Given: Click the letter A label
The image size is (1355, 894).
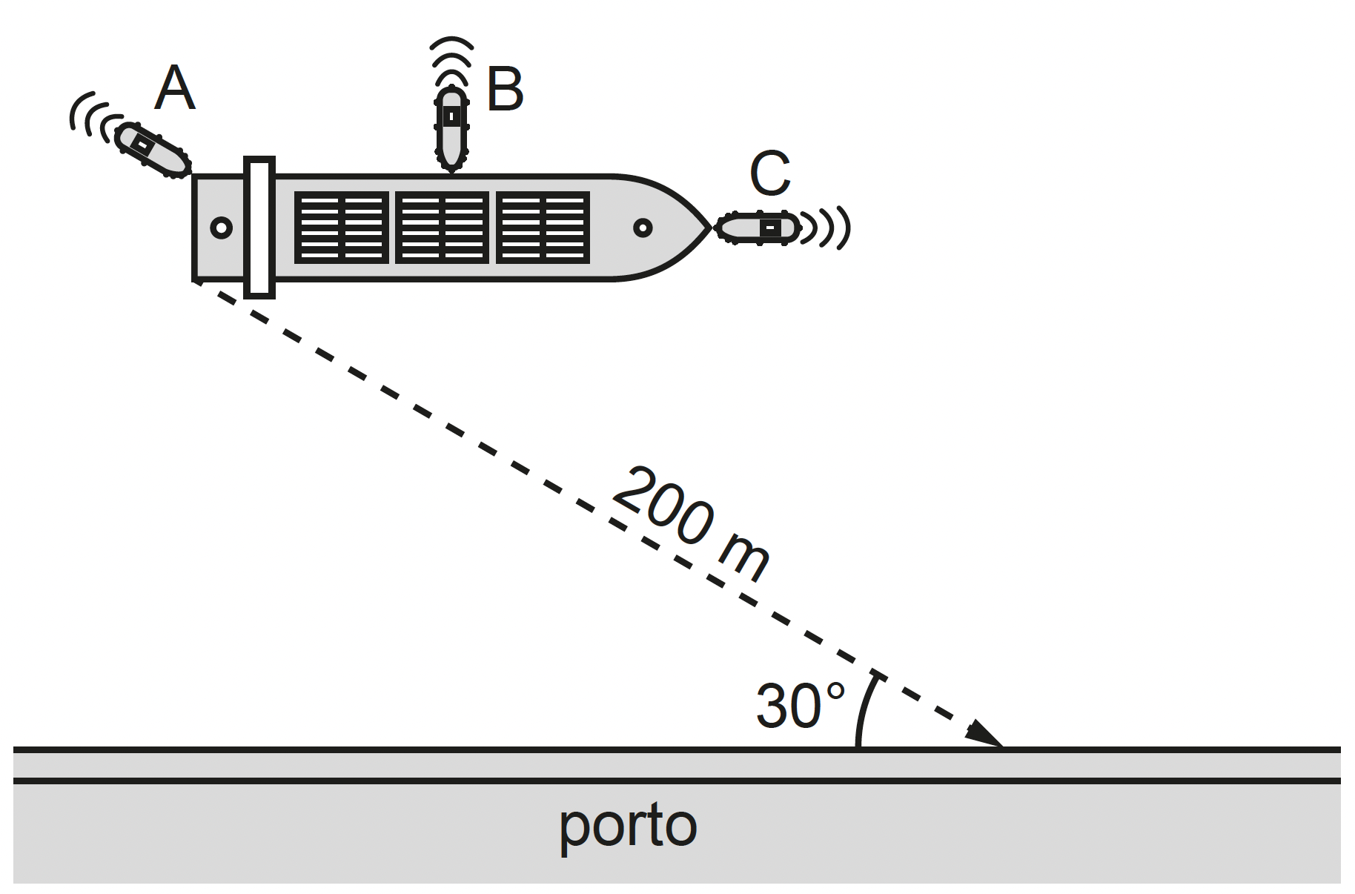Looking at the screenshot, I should coord(175,88).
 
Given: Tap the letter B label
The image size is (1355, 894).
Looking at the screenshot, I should coord(505,90).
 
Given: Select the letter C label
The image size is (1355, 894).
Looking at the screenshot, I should coord(770,174).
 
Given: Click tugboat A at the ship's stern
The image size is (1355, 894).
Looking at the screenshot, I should coord(153,150).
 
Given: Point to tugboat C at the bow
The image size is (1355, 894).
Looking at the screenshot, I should coord(758,227).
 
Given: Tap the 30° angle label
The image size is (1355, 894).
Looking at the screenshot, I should coord(800,705).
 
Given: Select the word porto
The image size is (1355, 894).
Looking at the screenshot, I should coord(628,826).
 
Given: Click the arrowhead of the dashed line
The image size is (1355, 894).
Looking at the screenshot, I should coord(986,735).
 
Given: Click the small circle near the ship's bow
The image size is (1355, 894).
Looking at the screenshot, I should coord(643,228).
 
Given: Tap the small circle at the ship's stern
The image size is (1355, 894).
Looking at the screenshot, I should coord(221,228).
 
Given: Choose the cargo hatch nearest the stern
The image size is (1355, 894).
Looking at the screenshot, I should coord(342,228).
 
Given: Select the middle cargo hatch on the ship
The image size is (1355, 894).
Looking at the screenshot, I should coord(443,228).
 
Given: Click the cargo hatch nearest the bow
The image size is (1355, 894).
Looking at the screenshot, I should coord(543,228).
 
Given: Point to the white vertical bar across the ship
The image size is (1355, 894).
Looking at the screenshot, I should coord(259,228).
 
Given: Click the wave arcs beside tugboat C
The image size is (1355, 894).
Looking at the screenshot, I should coord(826,227).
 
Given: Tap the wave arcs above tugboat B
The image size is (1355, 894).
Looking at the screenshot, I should coord(451,59).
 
